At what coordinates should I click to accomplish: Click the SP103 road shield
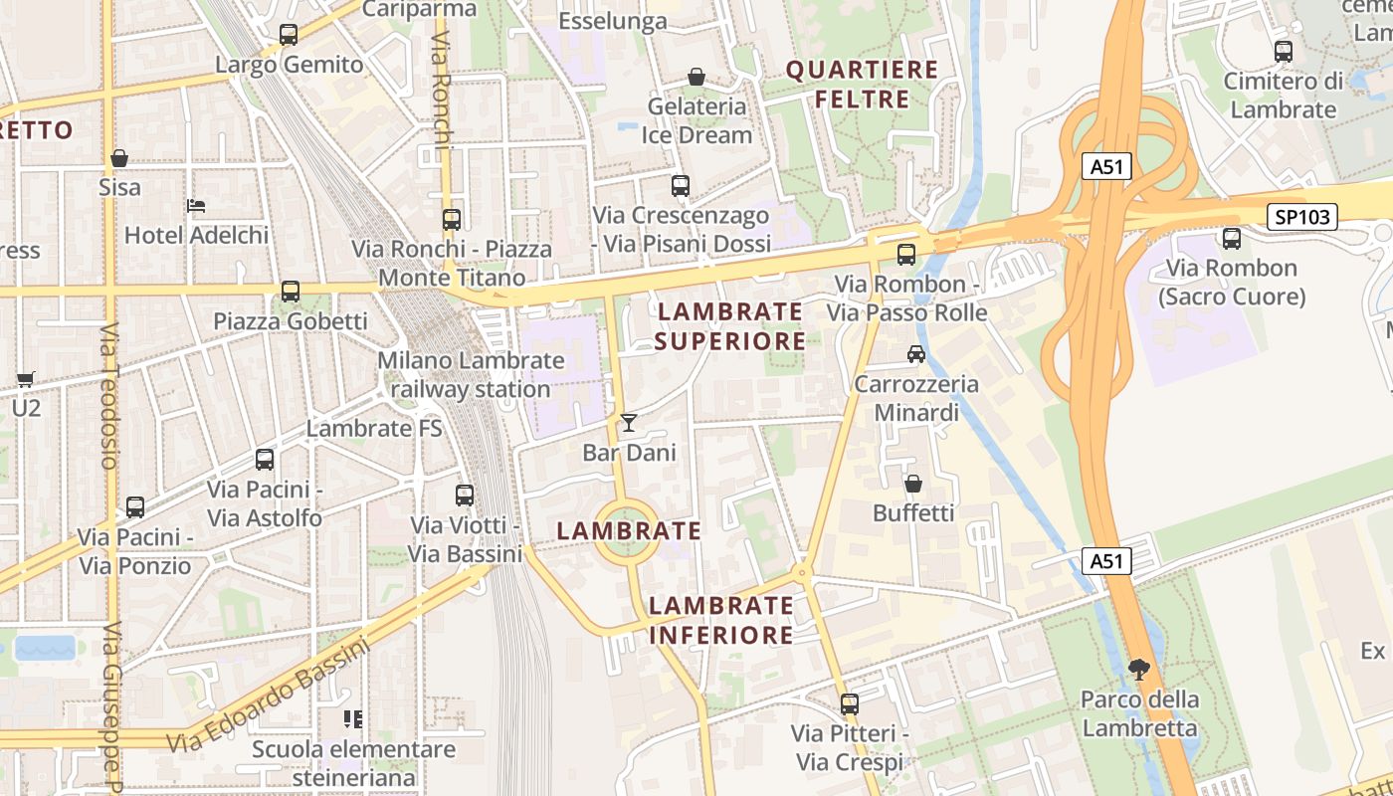1301,217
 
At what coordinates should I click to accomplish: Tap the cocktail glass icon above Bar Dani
629,423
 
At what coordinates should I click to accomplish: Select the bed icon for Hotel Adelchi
196,206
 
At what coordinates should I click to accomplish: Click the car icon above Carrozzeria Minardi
915,353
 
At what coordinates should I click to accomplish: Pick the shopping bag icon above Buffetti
912,484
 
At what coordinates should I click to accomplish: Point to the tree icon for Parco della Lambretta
1139,670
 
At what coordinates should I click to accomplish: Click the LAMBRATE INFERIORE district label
721,620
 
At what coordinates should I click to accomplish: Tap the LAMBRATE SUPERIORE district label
730,326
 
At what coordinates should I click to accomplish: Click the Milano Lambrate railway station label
471,375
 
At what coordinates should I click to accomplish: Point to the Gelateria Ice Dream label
696,120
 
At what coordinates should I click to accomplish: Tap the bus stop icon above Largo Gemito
289,35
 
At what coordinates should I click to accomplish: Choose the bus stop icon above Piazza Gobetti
291,292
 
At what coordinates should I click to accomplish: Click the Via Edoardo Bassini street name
269,696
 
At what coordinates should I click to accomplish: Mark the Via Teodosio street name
108,395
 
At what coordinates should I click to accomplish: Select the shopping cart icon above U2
26,378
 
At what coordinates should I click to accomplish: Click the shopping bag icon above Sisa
119,158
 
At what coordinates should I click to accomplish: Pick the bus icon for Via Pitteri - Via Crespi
849,704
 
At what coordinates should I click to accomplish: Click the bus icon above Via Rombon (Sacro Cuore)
1232,239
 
